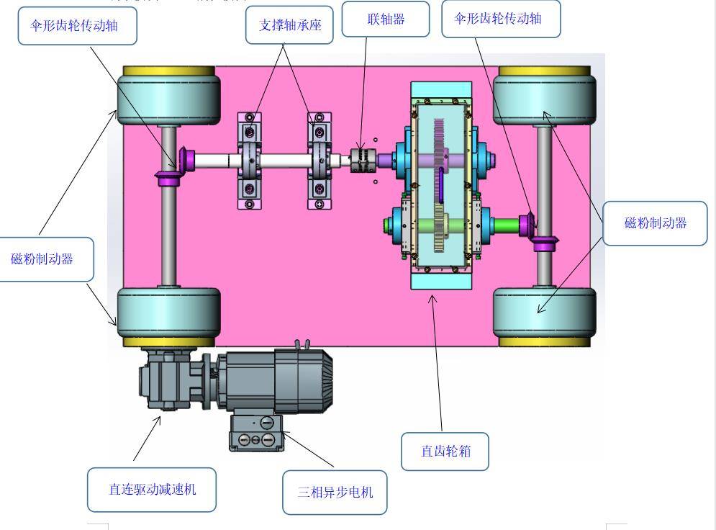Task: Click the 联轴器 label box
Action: tap(385, 19)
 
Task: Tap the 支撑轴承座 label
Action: tap(290, 26)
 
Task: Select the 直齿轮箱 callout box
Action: tap(445, 452)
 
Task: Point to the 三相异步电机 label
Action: tap(335, 493)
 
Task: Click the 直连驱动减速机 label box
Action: tap(152, 490)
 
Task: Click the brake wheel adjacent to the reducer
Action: tap(168, 317)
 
